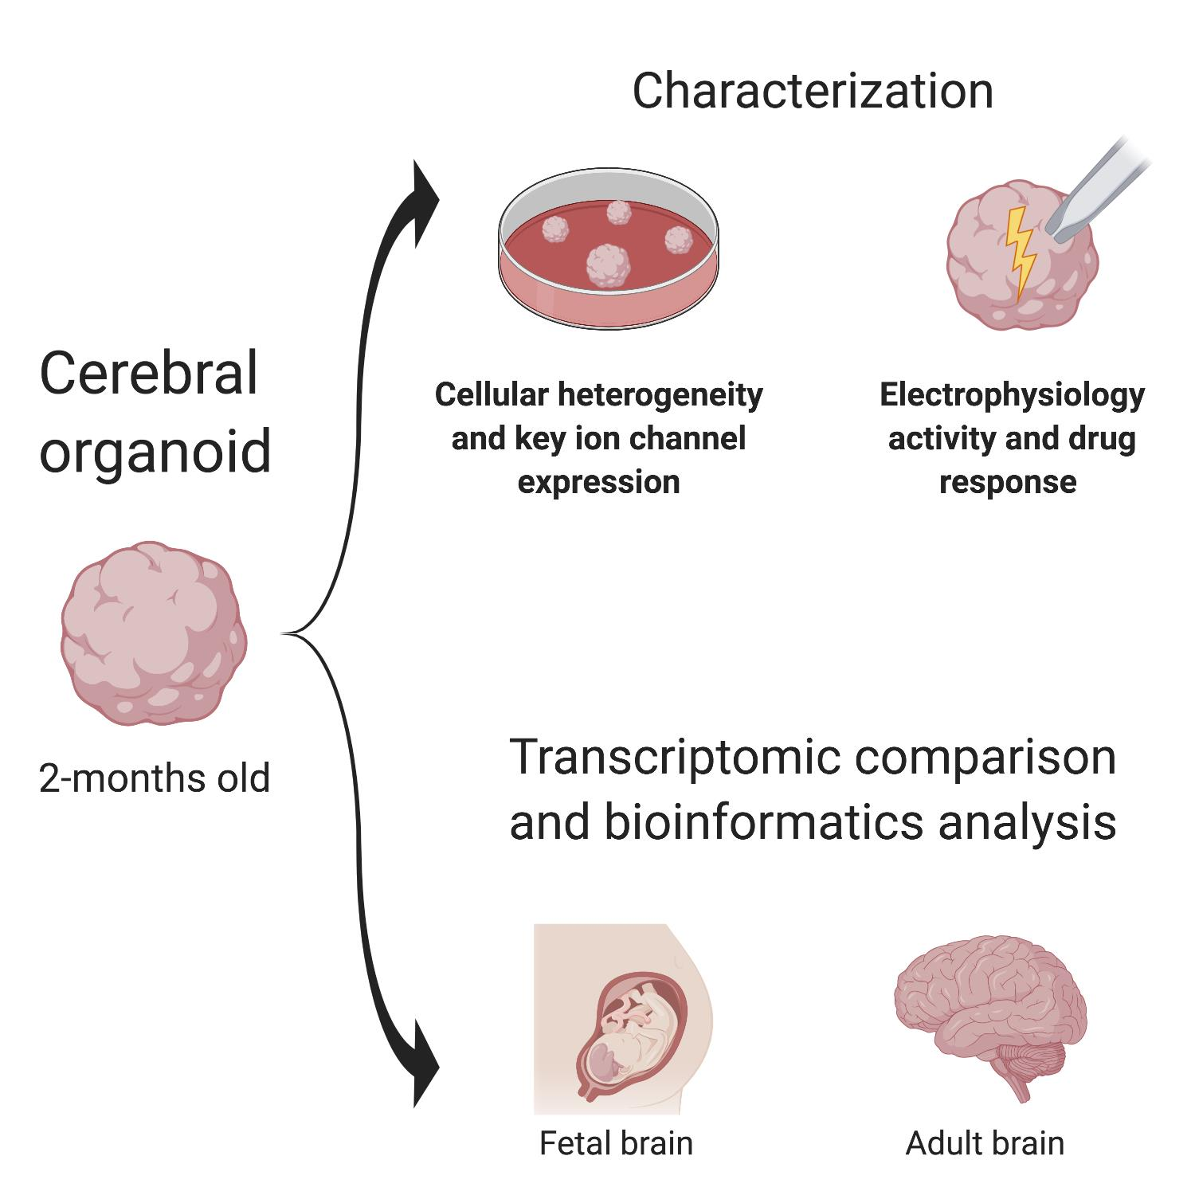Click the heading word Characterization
tap(813, 91)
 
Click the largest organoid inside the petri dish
tap(609, 265)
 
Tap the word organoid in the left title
tap(155, 451)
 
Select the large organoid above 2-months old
tap(154, 633)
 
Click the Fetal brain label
tap(616, 1143)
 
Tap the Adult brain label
tap(985, 1143)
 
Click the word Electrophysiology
tap(1012, 395)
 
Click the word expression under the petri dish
tap(598, 482)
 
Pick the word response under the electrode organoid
tap(1008, 482)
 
